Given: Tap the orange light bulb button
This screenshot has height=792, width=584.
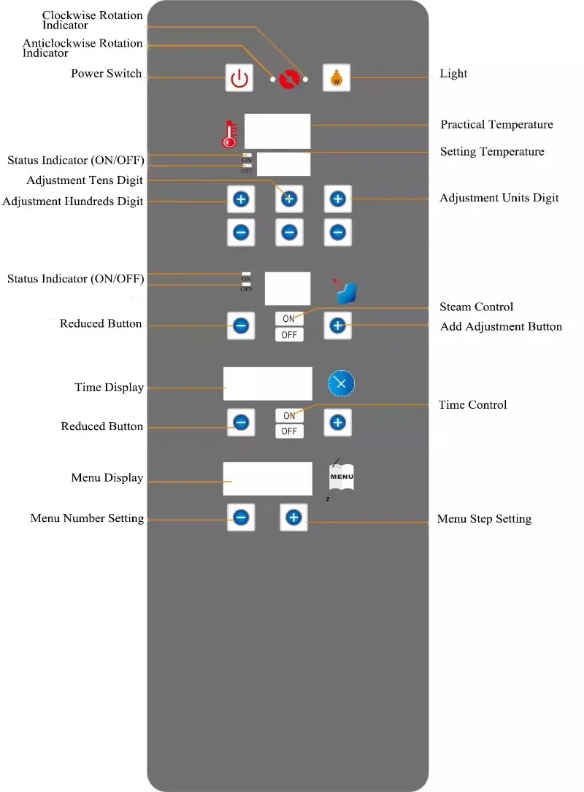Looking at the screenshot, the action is pyautogui.click(x=337, y=78).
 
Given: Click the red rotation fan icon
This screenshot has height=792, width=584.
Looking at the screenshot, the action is pyautogui.click(x=290, y=80).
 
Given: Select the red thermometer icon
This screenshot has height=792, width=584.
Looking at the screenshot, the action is pyautogui.click(x=230, y=134).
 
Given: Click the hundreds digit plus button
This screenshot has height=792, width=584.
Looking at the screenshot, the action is pyautogui.click(x=241, y=199).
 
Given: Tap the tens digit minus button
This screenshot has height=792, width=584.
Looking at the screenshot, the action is pyautogui.click(x=289, y=232).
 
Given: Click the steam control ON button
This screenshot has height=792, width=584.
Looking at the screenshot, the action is pyautogui.click(x=289, y=319).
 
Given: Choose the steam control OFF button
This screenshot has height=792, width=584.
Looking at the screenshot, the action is pyautogui.click(x=289, y=334).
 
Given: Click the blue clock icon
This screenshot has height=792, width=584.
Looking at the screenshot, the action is pyautogui.click(x=341, y=383).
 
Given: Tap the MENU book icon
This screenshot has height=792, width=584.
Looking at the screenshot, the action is pyautogui.click(x=342, y=477).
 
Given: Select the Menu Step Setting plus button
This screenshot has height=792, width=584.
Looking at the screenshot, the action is pyautogui.click(x=293, y=518).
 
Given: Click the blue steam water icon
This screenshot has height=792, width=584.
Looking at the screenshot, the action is pyautogui.click(x=346, y=293).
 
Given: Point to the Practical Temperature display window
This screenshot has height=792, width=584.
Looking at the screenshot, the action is pyautogui.click(x=277, y=131).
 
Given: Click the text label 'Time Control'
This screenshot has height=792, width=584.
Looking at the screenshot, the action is pyautogui.click(x=472, y=404).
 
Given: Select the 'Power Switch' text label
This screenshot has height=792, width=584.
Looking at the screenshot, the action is pyautogui.click(x=106, y=74).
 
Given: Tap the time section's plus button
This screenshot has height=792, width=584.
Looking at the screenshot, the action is pyautogui.click(x=337, y=422).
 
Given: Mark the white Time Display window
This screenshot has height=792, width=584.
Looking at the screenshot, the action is pyautogui.click(x=268, y=384).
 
